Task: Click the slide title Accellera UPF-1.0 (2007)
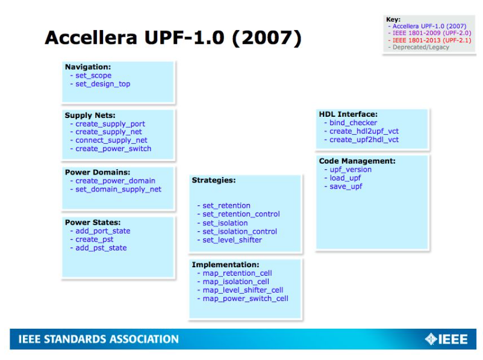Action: [173, 38]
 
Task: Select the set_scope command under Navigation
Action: [93, 75]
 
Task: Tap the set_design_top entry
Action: [103, 84]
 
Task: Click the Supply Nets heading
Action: [90, 115]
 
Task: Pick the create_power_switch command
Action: [113, 149]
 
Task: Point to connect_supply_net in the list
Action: [111, 140]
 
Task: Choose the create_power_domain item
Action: [115, 181]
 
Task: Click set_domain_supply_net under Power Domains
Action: [118, 190]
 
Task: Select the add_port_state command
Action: [103, 231]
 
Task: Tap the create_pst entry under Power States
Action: [95, 240]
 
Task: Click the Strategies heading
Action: [213, 180]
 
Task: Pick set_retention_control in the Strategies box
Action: [241, 214]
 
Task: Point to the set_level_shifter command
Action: [232, 240]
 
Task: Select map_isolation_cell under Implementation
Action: [236, 282]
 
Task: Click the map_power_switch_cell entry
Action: [246, 299]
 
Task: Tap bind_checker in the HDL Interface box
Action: [354, 123]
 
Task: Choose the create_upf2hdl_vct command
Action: [364, 140]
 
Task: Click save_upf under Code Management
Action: [346, 187]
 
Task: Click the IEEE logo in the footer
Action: [446, 339]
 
